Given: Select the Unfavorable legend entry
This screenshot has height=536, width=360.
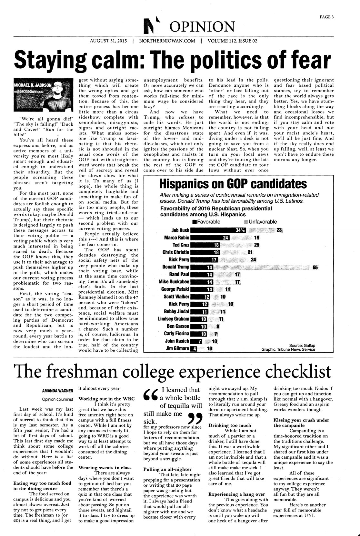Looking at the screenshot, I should (261, 222).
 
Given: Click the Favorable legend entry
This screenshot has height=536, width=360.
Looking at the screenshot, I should (206, 222).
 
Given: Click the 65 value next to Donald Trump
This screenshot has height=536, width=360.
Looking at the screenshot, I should (315, 268).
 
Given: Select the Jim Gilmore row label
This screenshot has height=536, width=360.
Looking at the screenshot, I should (177, 348).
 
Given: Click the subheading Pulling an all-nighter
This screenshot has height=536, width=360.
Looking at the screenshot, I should (167, 469).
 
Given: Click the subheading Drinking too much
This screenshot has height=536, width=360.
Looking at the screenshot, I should (229, 425).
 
